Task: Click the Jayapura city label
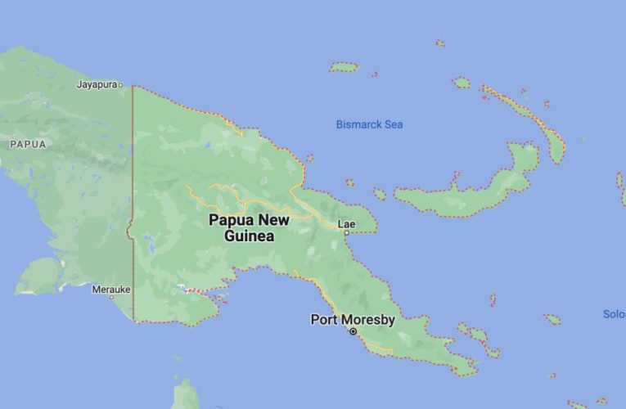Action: (x=96, y=84)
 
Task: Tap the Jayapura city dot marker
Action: (x=120, y=84)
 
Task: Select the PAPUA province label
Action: (x=28, y=144)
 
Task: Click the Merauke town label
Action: (x=110, y=287)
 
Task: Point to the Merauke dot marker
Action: (x=112, y=296)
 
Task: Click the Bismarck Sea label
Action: (x=369, y=124)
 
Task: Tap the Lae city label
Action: (x=345, y=222)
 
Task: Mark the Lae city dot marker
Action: (x=346, y=232)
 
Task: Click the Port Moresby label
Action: (x=353, y=320)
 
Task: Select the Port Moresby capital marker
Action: (x=354, y=331)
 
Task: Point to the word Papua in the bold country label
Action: (x=232, y=220)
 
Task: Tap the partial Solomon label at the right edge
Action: (x=615, y=314)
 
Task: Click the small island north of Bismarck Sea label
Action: (x=344, y=67)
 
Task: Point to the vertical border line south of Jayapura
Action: (x=133, y=164)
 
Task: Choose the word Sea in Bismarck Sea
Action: (x=393, y=124)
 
